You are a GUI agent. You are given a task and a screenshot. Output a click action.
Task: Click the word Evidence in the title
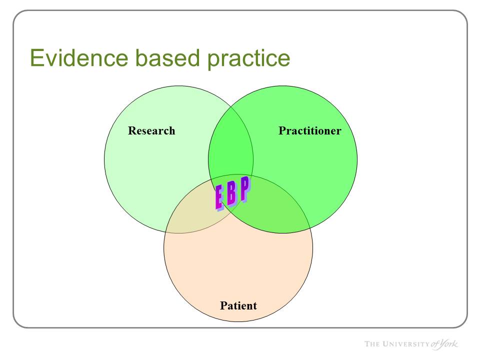[x=79, y=58]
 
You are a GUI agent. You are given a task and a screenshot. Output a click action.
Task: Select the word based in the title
[x=168, y=58]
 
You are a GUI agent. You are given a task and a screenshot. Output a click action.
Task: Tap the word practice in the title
[x=249, y=59]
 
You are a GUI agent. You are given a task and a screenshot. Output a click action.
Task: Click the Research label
[x=151, y=130]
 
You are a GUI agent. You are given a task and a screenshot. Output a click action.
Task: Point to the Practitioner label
[x=310, y=130]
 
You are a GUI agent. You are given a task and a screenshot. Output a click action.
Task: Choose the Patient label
[x=238, y=305]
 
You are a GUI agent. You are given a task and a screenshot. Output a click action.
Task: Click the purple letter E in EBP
[x=219, y=198]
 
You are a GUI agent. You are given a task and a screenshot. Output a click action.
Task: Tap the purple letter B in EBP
[x=231, y=193]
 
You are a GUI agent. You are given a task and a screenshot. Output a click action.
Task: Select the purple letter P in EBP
[x=245, y=189]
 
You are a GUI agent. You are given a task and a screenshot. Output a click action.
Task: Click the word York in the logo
[x=449, y=344]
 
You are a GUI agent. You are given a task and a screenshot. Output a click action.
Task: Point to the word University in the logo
[x=406, y=344]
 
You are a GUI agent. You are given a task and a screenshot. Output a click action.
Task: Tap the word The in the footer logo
[x=372, y=344]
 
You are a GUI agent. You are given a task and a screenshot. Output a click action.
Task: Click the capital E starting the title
[x=36, y=58]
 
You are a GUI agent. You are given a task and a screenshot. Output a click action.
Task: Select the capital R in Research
[x=132, y=130]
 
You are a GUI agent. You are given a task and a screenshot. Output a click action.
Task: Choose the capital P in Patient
[x=223, y=305]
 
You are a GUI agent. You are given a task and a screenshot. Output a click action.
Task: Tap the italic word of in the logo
[x=435, y=344]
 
